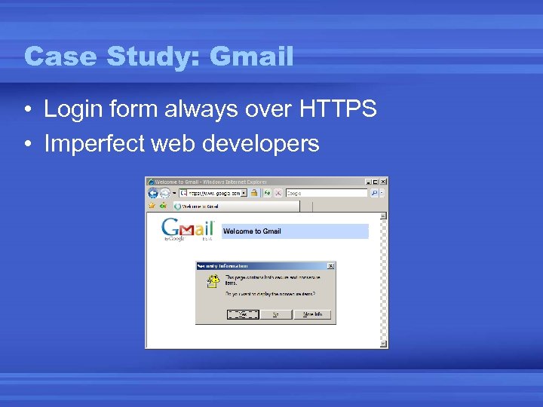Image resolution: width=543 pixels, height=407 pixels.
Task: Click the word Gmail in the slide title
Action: (x=251, y=56)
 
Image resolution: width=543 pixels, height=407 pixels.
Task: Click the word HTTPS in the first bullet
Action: (x=337, y=109)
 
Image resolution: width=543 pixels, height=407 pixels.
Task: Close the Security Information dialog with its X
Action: (x=330, y=266)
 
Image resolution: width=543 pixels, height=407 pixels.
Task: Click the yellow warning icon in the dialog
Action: (x=213, y=281)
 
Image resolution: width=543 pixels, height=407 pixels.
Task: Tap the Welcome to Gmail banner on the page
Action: (x=294, y=231)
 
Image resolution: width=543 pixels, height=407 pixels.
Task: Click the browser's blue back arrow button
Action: (x=153, y=193)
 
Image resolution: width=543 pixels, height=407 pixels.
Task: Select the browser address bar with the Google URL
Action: (x=208, y=193)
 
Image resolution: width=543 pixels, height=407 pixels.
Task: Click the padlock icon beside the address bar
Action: (x=255, y=193)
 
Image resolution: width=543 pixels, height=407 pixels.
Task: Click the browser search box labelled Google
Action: (x=324, y=193)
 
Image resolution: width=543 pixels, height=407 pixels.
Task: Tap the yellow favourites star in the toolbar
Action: (x=152, y=205)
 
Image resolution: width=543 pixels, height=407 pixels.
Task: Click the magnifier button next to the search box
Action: (x=373, y=193)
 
